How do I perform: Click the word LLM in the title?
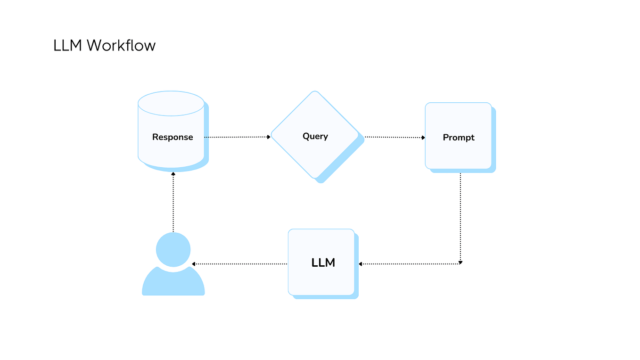[x=68, y=46]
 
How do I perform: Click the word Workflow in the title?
[x=121, y=46]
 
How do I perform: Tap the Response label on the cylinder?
[x=172, y=137]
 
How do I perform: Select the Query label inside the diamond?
[x=315, y=136]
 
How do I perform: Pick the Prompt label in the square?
[x=459, y=138]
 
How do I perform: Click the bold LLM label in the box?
[x=323, y=263]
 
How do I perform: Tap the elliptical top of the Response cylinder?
[x=171, y=104]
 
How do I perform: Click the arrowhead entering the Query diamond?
[x=269, y=137]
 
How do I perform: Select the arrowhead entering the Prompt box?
[x=423, y=138]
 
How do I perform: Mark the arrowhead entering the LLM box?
[x=361, y=264]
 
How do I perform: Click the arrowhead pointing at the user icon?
[x=194, y=264]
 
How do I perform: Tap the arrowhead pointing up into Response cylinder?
[x=173, y=174]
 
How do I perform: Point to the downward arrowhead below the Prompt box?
[x=460, y=262]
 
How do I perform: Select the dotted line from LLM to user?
[x=240, y=264]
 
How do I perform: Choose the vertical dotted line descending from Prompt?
[x=460, y=217]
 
